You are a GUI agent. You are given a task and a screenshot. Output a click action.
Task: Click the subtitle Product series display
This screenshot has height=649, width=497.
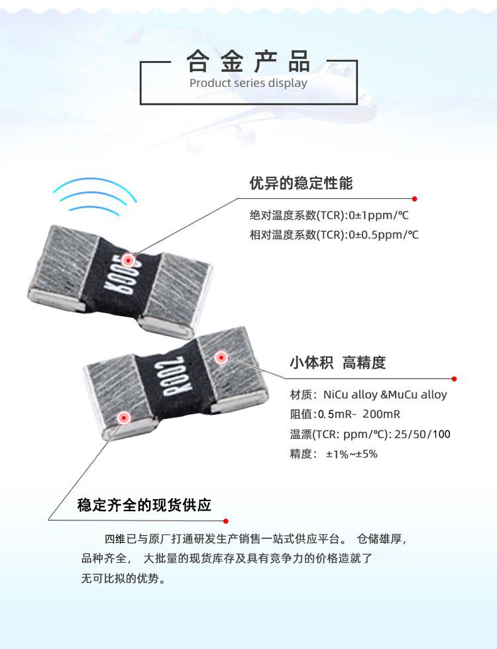coord(248,84)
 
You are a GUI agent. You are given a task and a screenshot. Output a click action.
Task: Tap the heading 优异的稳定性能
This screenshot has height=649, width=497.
coord(301,184)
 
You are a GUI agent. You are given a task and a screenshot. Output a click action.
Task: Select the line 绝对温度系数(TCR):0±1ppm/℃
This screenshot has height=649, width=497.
coord(329,215)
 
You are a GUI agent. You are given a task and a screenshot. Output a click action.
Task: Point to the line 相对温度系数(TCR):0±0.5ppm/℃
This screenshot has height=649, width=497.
coord(334,235)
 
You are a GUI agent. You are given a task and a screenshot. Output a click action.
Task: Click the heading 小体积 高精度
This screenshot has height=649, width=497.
coord(337,363)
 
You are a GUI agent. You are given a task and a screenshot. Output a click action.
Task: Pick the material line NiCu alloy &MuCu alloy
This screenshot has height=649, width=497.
coord(368,394)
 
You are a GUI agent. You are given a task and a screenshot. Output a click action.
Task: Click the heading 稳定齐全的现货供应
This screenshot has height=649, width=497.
coord(144,504)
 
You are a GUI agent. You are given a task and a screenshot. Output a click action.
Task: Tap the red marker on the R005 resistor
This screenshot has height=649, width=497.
coord(129,261)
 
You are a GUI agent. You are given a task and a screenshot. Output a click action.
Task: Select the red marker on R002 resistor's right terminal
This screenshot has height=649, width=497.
coord(221,358)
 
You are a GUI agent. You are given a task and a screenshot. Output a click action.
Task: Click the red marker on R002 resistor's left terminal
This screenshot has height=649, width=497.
coord(123,418)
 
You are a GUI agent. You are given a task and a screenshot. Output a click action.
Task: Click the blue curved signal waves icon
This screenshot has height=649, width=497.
coord(95,198)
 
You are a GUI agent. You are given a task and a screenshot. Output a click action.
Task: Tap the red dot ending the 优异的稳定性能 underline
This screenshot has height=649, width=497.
coord(414,199)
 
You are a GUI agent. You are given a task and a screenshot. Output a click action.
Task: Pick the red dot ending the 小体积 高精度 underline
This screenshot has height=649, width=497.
coord(454,379)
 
